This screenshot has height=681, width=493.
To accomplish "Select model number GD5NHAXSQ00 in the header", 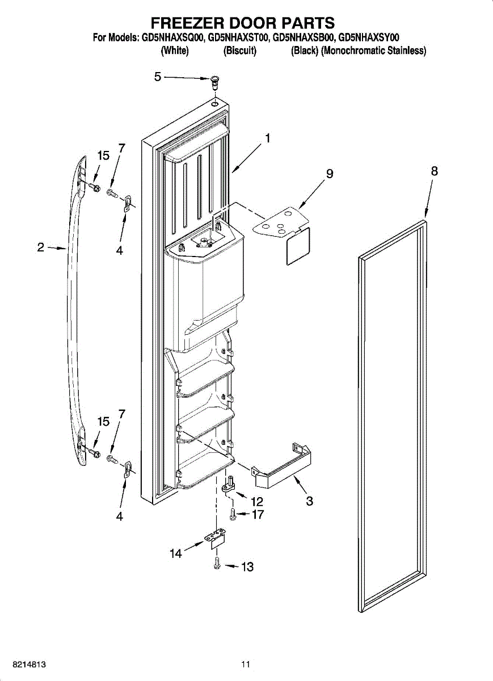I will (172, 38).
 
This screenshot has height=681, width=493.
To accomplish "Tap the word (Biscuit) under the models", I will (240, 51).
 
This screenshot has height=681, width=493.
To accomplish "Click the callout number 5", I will (158, 77).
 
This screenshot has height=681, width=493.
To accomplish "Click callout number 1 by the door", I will (266, 138).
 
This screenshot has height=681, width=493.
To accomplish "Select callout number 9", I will (329, 174).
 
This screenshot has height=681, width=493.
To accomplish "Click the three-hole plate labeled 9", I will (278, 222).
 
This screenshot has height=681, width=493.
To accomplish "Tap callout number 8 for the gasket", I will (434, 171).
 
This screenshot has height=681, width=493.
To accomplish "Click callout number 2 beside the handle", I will (40, 247).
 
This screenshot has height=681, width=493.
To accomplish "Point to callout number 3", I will (309, 501).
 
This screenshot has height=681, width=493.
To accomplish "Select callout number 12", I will (256, 502).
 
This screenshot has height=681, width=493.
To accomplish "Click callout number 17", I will (258, 515).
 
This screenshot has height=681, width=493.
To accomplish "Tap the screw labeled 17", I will (233, 514).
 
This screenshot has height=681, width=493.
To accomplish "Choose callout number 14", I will (176, 553).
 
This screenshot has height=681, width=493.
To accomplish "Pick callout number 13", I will (247, 566).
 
